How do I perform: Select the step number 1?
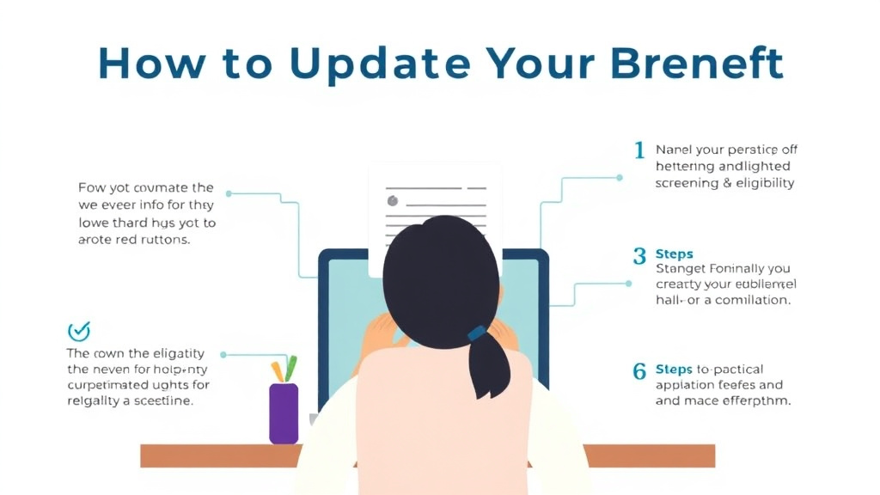[x=639, y=151]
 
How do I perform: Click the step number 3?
[x=639, y=256]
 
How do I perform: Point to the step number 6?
[x=639, y=372]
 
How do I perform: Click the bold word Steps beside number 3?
[x=674, y=254]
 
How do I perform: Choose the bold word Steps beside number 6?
[x=674, y=370]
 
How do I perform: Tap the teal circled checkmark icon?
[x=78, y=331]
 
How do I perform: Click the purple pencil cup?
[x=284, y=413]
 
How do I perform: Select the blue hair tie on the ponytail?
[x=476, y=333]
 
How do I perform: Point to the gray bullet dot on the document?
[x=393, y=201]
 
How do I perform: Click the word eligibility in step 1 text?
[x=765, y=183]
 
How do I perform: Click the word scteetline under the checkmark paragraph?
[x=168, y=401]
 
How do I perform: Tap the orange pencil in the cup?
[x=278, y=372]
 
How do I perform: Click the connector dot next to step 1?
[x=620, y=178]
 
